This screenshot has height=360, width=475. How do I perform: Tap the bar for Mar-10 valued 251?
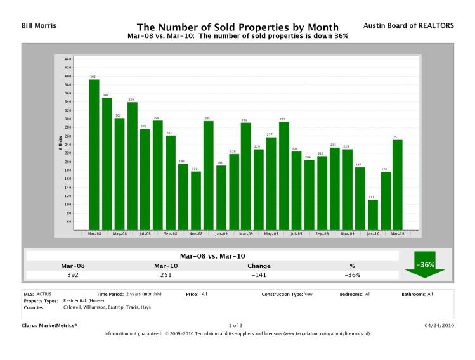pyautogui.click(x=398, y=184)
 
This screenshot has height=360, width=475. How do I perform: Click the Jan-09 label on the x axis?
pyautogui.click(x=221, y=233)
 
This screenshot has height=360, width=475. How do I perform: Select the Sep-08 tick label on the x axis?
pyautogui.click(x=170, y=233)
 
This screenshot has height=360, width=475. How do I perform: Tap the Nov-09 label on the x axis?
pyautogui.click(x=347, y=233)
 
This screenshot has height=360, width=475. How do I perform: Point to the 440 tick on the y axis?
pyautogui.click(x=68, y=59)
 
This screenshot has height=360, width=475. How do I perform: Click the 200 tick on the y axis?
pyautogui.click(x=68, y=162)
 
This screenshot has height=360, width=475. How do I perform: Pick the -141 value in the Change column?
pyautogui.click(x=258, y=276)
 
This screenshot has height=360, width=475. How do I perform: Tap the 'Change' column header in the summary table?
pyautogui.click(x=258, y=266)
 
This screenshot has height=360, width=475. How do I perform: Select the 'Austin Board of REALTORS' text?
pyautogui.click(x=409, y=26)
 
